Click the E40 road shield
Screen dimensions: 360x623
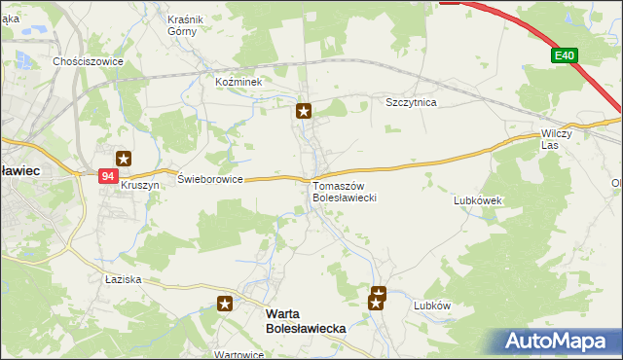coord(563,56)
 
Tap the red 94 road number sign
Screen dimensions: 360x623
coord(108,175)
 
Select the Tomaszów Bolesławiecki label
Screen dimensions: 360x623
coord(345,192)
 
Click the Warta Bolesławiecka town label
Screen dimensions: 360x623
coord(306,322)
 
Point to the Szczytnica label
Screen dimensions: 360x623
coord(412,102)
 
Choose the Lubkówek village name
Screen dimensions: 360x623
coord(477,200)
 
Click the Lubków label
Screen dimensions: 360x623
coord(433,305)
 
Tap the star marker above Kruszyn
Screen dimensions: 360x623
coord(124,159)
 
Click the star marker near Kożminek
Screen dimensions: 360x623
coord(304,112)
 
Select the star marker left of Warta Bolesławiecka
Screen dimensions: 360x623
coord(225,305)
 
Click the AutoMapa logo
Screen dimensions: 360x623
coord(556,342)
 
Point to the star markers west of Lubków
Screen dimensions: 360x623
coord(378,299)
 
